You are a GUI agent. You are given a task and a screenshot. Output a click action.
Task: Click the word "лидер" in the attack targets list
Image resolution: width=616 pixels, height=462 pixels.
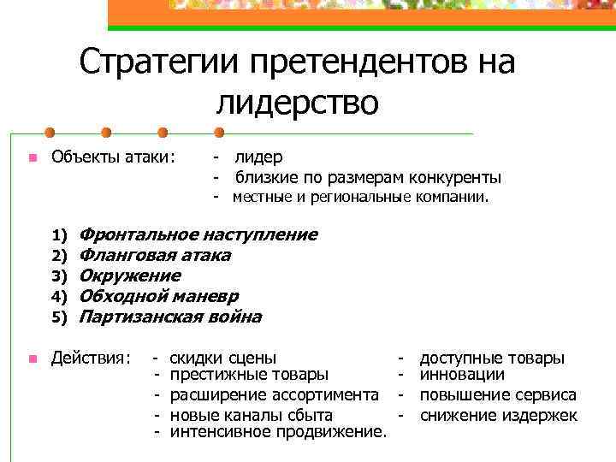tap(258, 157)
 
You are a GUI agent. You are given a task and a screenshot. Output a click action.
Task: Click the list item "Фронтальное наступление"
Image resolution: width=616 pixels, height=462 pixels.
tap(198, 234)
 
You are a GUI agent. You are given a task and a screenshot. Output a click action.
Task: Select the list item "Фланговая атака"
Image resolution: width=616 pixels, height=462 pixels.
tap(154, 255)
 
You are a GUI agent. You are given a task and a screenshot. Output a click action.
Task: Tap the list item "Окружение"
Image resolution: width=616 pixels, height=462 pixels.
tap(129, 275)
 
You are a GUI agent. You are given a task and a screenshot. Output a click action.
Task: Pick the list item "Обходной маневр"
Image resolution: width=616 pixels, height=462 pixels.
tap(158, 296)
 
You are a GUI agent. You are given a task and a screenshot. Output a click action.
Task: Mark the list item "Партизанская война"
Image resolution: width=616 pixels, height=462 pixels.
tap(169, 317)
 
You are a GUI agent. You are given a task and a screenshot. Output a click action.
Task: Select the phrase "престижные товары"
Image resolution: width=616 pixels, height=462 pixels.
tap(249, 374)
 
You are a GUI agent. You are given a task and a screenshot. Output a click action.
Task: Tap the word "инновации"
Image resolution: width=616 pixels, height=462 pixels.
tap(462, 374)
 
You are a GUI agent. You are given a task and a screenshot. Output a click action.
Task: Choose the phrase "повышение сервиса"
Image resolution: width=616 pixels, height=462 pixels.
tap(498, 394)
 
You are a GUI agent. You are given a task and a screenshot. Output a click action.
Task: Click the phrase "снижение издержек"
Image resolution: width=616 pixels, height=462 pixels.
tap(499, 415)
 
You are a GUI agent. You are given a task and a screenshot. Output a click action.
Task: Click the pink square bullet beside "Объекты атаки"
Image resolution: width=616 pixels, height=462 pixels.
tap(31, 157)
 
